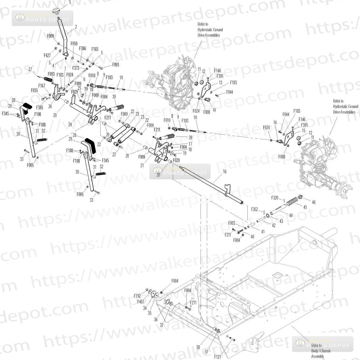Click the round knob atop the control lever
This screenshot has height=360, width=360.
point(56,11)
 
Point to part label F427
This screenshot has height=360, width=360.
point(47,55)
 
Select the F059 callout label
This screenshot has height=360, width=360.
point(74,43)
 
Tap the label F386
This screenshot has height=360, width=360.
point(82,48)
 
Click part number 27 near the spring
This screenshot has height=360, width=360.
point(30,69)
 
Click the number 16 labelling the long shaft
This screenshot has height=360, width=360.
point(224,171)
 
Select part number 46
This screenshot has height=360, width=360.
point(313,202)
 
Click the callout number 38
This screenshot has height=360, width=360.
point(198,347)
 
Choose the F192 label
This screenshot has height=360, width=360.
point(137,296)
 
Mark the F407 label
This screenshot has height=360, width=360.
point(141,301)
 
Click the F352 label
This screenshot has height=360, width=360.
point(255,209)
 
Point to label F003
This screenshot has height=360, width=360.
point(232,223)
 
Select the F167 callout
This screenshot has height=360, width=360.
point(42,86)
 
